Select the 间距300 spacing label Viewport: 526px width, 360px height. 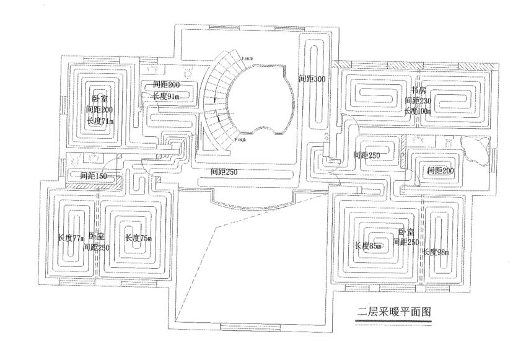pyautogui.click(x=311, y=79)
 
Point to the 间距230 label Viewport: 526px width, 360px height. pyautogui.click(x=419, y=100)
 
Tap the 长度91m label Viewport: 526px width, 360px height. pyautogui.click(x=165, y=96)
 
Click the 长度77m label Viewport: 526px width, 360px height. pyautogui.click(x=70, y=237)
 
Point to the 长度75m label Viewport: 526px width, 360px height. pyautogui.click(x=138, y=237)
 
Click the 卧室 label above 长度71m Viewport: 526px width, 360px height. pyautogui.click(x=99, y=99)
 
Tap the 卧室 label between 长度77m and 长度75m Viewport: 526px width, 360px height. pyautogui.click(x=97, y=236)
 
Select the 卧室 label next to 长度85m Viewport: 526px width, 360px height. pyautogui.click(x=407, y=231)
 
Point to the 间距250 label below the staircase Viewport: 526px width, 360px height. pyautogui.click(x=224, y=171)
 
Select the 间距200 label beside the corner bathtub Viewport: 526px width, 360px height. pyautogui.click(x=440, y=170)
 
